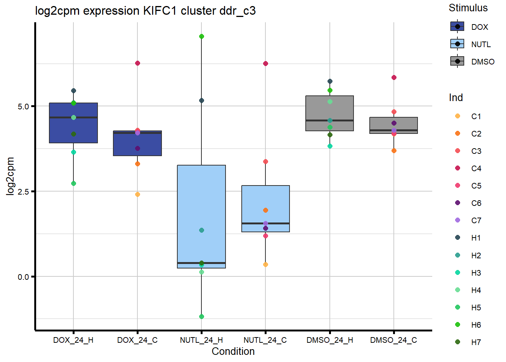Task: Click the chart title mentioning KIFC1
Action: [x=145, y=11]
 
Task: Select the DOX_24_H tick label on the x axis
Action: [x=73, y=340]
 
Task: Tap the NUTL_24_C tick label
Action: [x=265, y=340]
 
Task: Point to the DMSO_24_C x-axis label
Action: [x=393, y=340]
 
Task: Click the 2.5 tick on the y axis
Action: [x=23, y=192]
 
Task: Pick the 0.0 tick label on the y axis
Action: [x=23, y=277]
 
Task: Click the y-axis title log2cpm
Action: [x=10, y=176]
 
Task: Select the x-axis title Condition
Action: [x=233, y=351]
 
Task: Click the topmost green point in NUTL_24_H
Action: [x=201, y=37]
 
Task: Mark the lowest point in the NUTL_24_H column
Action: [x=201, y=317]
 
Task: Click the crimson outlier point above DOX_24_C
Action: [x=137, y=63]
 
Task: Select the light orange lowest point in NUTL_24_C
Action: [x=265, y=265]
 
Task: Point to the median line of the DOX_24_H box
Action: [x=73, y=118]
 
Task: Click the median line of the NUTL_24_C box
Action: [x=265, y=223]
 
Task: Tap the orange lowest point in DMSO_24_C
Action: [x=394, y=151]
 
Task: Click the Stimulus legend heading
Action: [x=468, y=8]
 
